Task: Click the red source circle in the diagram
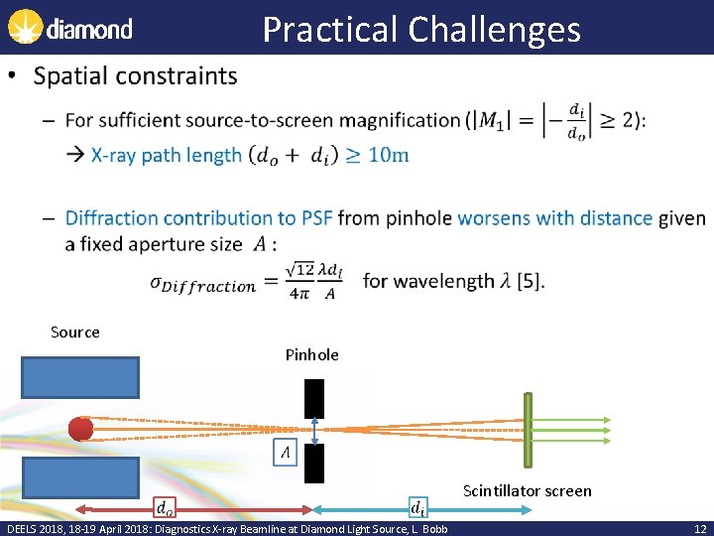80,429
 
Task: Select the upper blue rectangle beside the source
80,376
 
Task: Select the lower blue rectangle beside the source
80,479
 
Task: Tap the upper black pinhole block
314,398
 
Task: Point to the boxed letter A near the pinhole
285,453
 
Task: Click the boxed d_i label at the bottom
419,507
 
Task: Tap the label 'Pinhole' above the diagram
311,354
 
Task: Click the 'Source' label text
75,332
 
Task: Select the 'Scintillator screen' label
527,490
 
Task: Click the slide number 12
700,528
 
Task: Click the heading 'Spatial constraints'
135,76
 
